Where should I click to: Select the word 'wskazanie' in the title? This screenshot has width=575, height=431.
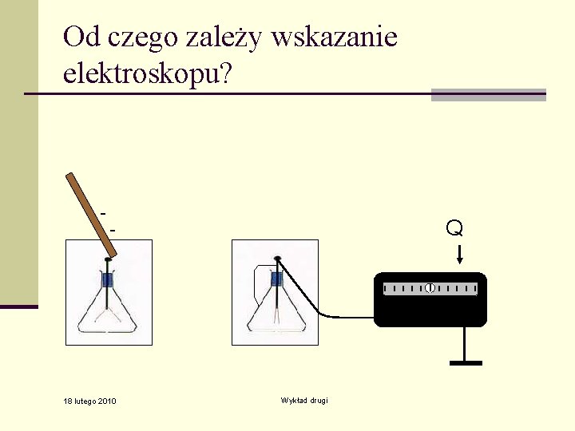[334, 38]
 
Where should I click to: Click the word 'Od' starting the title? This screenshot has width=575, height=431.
[77, 37]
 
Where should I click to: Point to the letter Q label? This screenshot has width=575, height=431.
[454, 228]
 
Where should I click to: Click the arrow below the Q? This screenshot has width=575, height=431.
[459, 255]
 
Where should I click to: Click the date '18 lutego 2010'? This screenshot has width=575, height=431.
[89, 401]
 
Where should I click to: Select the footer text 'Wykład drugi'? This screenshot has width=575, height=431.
[304, 400]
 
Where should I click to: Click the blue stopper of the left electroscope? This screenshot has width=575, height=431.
[108, 280]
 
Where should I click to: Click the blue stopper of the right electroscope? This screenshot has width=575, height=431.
[276, 279]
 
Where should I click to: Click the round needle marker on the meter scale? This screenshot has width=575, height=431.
[430, 287]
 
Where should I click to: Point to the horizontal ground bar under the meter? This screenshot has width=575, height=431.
[466, 363]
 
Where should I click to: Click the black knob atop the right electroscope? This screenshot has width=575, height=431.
[277, 258]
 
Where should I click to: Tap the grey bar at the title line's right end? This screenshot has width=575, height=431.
[488, 95]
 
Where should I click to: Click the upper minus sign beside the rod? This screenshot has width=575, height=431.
[104, 214]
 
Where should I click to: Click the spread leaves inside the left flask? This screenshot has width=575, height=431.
[108, 317]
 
